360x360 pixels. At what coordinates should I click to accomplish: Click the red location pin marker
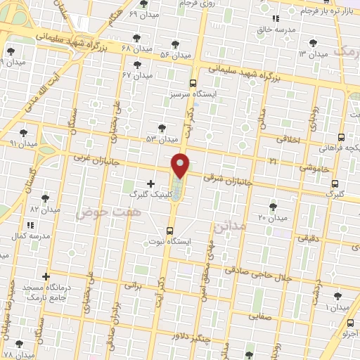[x=181, y=165]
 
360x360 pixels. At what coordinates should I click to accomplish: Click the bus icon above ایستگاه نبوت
[x=170, y=231]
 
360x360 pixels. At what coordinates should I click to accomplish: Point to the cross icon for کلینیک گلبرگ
[x=150, y=184]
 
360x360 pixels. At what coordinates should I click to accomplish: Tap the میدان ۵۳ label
[x=160, y=139]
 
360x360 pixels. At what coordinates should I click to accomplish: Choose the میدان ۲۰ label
[x=273, y=218]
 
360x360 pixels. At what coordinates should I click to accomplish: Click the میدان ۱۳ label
[x=313, y=54]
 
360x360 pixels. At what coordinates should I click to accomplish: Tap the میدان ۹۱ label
[x=23, y=143]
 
